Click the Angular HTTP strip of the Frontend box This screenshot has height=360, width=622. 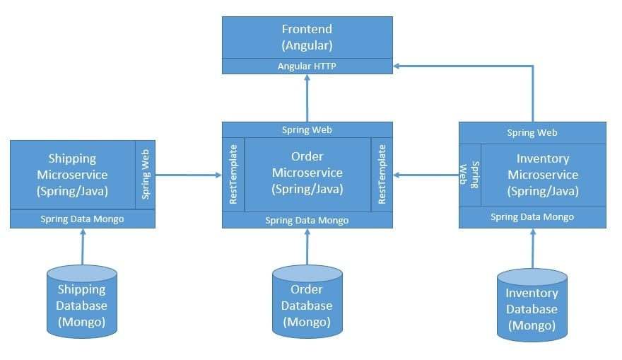pos(307,66)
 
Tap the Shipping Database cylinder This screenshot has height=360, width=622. pos(82,301)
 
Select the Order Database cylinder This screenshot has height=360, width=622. pos(307,301)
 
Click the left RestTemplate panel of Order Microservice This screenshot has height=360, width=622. pos(234,175)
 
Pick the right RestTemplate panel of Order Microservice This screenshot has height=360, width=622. pos(382,175)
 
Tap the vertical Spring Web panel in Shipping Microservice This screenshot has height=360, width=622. pos(145,175)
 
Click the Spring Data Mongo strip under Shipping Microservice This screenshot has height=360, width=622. pos(82,219)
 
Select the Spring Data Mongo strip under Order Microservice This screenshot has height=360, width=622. pos(307,220)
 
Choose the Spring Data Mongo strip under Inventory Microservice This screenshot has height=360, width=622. pos(532,217)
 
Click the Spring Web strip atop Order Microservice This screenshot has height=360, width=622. pos(307,130)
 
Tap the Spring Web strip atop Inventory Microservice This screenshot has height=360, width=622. pos(532,133)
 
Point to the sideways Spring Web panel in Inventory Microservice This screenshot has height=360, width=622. pos(470,175)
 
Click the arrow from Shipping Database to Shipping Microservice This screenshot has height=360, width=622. pos(83,247)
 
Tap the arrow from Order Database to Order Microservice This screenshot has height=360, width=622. pos(307,247)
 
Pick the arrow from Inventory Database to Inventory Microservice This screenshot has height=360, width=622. pos(532,248)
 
